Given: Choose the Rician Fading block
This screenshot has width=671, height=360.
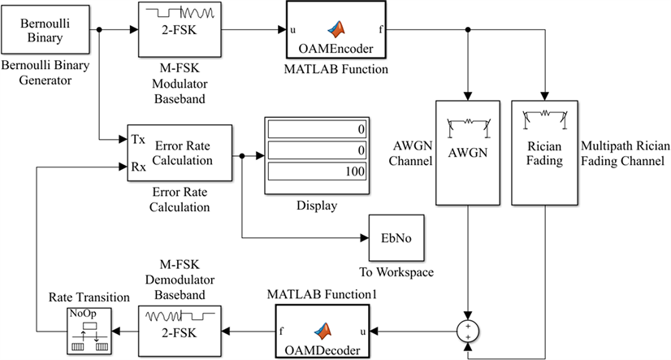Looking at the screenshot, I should point(543,152).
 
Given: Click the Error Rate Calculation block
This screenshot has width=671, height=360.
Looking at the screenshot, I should point(180,154).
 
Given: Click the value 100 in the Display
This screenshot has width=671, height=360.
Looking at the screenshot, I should point(317,172).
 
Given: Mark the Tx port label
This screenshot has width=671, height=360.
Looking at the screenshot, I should point(139,139).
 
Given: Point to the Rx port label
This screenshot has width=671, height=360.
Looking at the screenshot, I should point(139,167).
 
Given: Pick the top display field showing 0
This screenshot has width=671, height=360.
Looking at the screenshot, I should point(317,130).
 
